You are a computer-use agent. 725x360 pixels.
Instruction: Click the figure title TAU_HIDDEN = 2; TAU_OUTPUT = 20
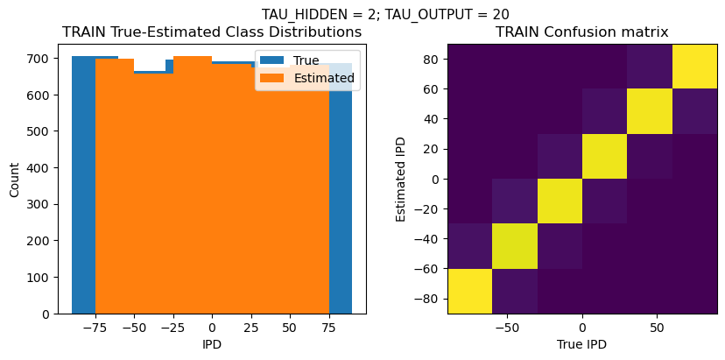point(385,14)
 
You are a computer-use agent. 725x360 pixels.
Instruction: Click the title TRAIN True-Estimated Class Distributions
point(212,32)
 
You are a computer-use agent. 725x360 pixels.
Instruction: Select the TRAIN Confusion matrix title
point(581,32)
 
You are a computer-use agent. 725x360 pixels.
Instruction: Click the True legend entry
point(306,60)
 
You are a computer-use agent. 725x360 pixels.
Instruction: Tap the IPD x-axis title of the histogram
point(211,344)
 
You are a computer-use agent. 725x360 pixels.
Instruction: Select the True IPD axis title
point(581,344)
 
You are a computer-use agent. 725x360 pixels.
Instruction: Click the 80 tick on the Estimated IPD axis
point(430,59)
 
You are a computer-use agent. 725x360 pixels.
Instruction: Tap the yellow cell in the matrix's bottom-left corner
point(469,291)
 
